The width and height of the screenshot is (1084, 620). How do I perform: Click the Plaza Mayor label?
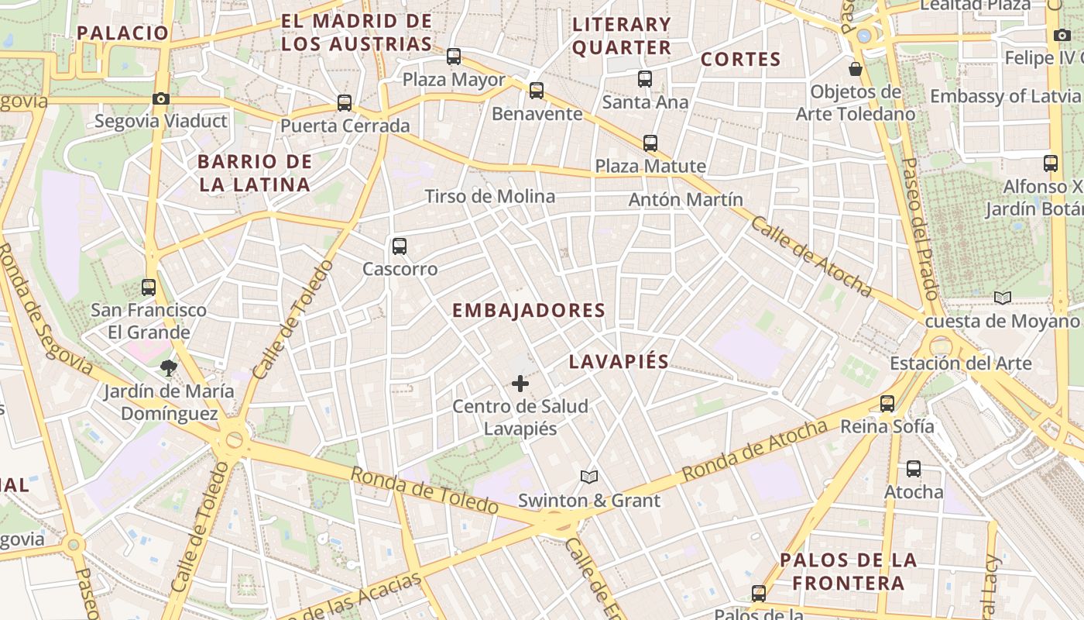pos(454,80)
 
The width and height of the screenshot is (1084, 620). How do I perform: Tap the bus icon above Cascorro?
pos(400,246)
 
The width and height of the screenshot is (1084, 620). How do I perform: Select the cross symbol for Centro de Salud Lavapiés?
pos(520,384)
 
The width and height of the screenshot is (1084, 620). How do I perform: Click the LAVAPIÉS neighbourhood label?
pos(619,362)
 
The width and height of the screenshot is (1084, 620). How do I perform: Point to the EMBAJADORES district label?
pos(528,311)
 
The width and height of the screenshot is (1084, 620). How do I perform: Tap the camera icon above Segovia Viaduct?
pos(161,98)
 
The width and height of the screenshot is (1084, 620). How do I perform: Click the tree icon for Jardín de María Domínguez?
pos(168,368)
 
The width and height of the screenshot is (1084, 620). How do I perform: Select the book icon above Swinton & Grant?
pos(589,477)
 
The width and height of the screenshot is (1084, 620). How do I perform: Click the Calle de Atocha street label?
pos(811,257)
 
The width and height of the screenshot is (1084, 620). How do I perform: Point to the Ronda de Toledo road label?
pos(424,491)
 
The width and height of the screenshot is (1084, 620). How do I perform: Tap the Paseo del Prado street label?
pos(920,229)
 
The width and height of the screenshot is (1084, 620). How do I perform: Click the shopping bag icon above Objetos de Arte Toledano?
pos(856,69)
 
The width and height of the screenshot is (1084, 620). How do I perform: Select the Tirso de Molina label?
pos(490,197)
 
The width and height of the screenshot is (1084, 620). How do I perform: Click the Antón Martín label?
pos(685,199)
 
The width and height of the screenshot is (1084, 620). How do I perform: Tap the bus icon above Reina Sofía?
pos(887,403)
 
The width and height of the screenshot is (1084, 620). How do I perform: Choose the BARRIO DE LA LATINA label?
pos(255,174)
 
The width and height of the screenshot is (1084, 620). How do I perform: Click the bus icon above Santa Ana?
pos(645,78)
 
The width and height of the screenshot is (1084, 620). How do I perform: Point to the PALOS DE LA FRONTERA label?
pos(848,571)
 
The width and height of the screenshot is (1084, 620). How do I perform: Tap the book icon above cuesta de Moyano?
pos(1003,298)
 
